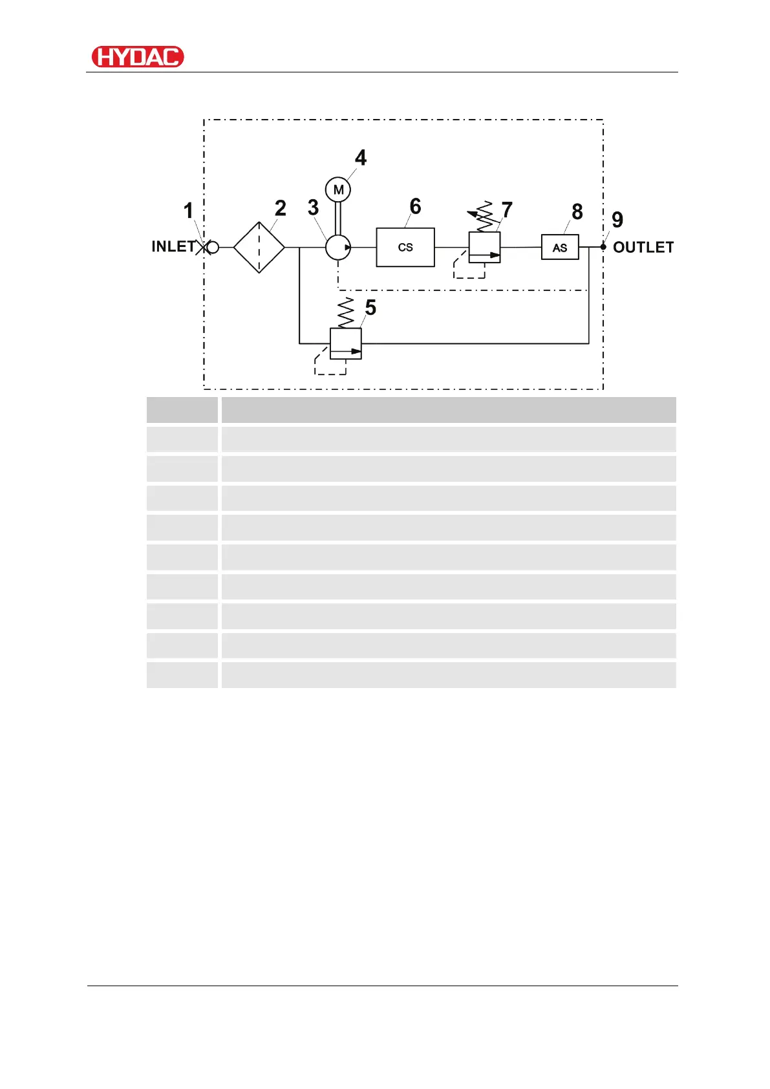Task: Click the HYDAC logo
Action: [138, 57]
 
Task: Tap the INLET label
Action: [173, 246]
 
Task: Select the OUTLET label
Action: [643, 247]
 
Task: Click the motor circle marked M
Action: [338, 189]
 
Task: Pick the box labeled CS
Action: [405, 247]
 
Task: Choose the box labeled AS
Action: [560, 247]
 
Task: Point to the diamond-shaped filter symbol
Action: [259, 247]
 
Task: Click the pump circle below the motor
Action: [337, 247]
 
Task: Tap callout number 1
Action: [188, 210]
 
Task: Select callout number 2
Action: [280, 208]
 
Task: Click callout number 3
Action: [313, 208]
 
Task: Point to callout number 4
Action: [361, 157]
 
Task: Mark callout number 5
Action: [370, 307]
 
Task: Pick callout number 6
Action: [415, 206]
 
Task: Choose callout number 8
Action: [577, 211]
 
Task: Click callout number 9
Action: [617, 220]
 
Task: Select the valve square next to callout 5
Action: [346, 343]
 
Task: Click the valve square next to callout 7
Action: [485, 247]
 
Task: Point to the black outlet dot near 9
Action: [603, 246]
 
